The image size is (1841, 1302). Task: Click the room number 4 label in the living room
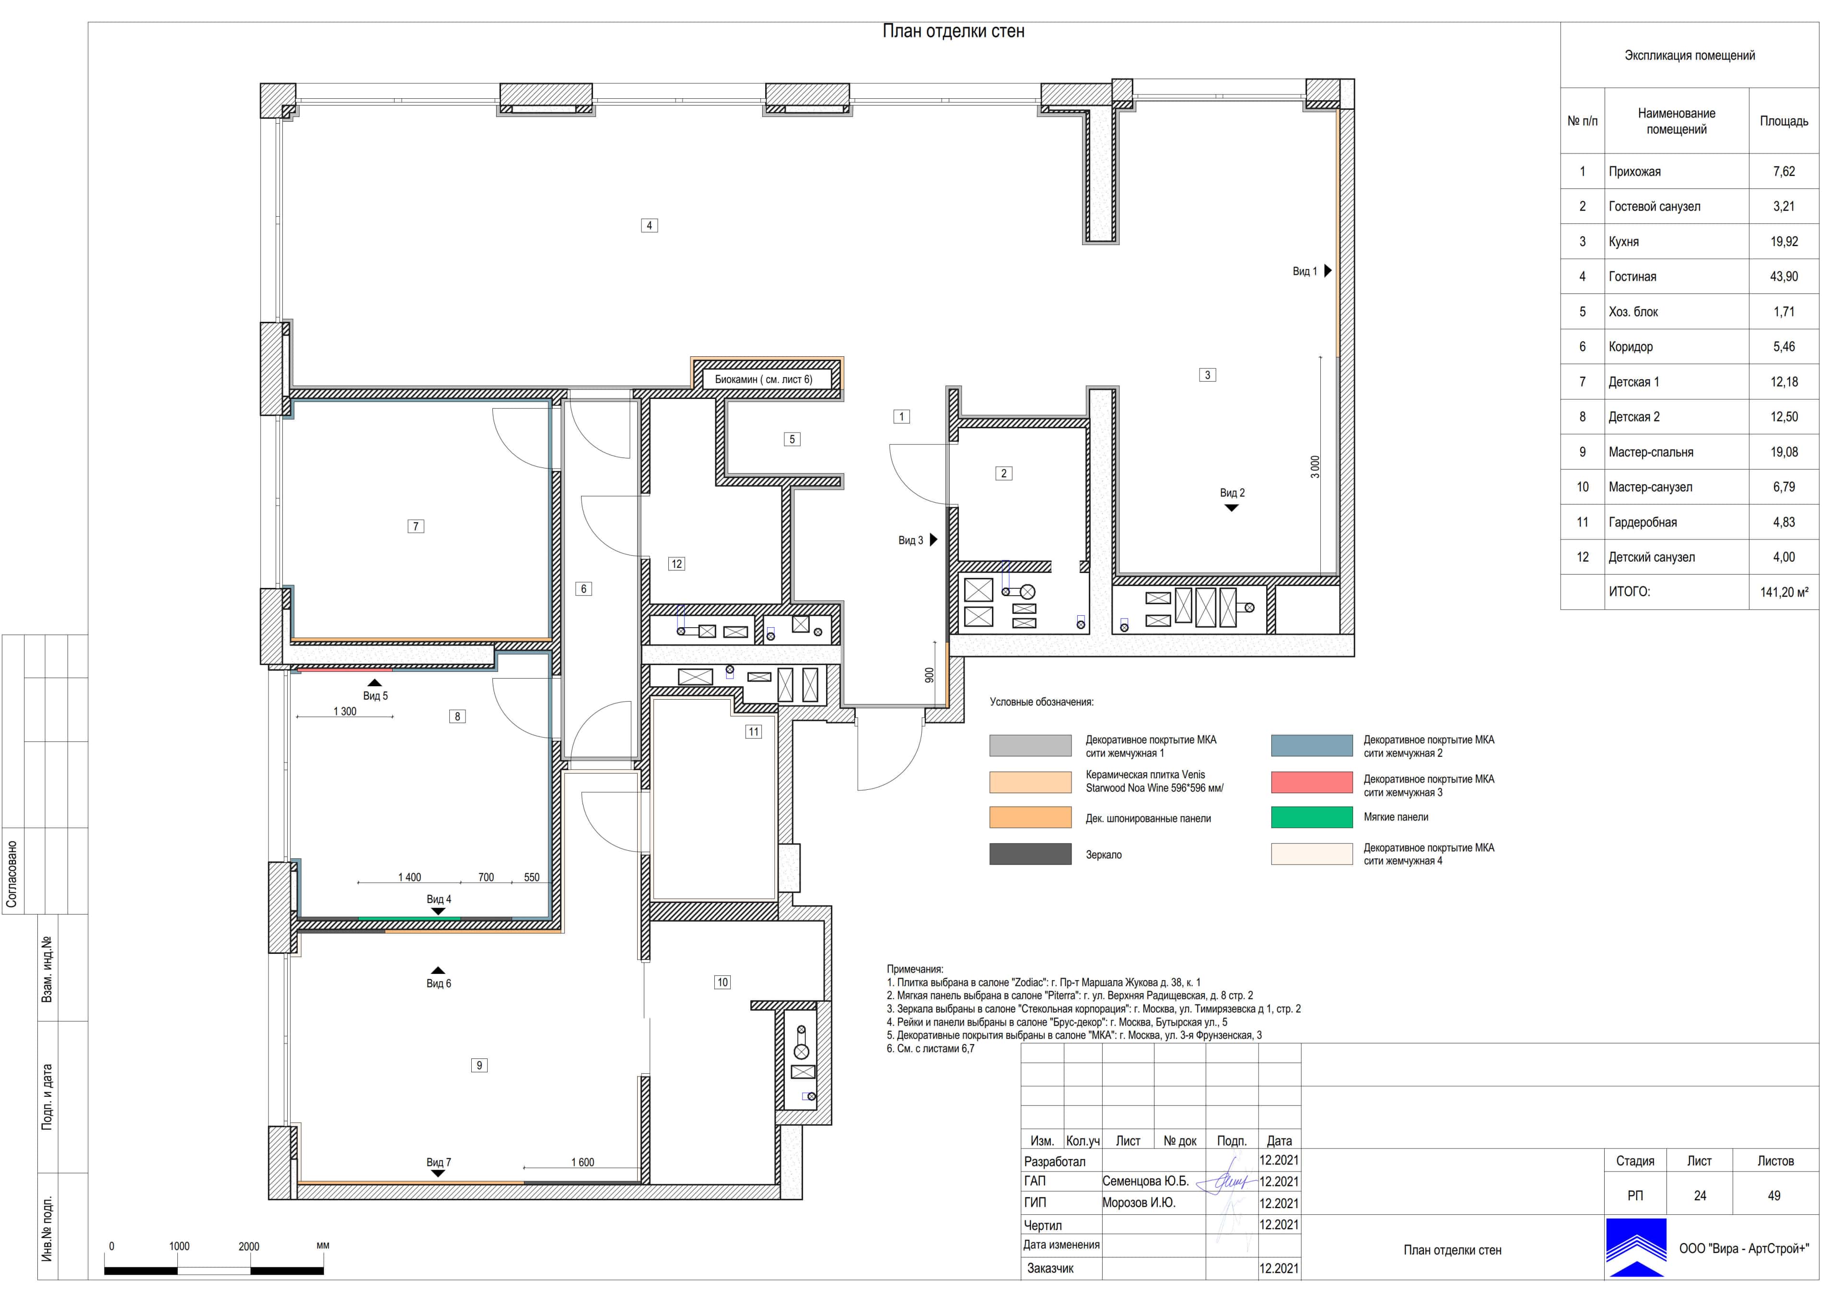pos(650,225)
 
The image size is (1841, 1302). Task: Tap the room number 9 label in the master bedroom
pos(479,1066)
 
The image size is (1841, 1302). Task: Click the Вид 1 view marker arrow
pos(1328,271)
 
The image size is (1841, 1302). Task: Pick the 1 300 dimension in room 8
pos(345,712)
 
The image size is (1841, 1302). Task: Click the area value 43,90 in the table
pos(1784,277)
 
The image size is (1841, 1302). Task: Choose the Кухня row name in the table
pos(1624,242)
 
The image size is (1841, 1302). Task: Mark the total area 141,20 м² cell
pos(1784,592)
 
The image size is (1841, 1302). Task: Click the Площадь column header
pos(1784,121)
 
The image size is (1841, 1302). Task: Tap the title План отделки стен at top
pos(954,31)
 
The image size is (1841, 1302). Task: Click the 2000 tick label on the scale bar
pos(248,1247)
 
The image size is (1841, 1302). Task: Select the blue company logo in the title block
pos(1636,1247)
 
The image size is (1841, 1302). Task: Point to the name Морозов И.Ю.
pos(1139,1203)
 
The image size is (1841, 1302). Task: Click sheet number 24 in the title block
pos(1700,1196)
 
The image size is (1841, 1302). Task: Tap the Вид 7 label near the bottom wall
pos(439,1162)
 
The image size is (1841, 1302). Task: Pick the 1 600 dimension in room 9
pos(583,1162)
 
